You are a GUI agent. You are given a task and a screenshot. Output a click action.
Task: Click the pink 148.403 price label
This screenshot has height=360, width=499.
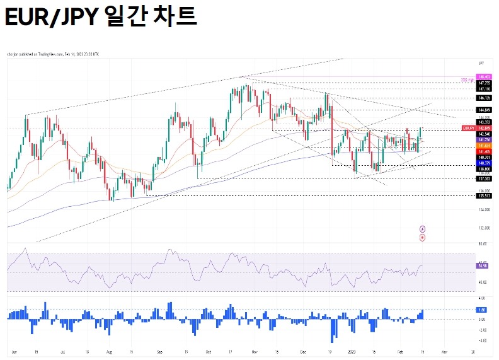pos(484,77)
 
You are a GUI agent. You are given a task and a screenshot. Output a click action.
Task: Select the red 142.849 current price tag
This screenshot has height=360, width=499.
pos(484,128)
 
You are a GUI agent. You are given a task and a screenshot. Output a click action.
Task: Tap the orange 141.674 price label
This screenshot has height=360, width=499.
pos(484,146)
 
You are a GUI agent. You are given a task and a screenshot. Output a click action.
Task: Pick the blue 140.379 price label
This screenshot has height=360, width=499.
pos(484,163)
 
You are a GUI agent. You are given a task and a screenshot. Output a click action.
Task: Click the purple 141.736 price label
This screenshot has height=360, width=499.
pos(484,139)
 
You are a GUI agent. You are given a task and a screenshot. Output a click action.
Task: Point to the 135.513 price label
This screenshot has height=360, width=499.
pos(484,195)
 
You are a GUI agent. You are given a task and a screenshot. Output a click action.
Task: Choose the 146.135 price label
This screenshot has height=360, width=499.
pos(484,98)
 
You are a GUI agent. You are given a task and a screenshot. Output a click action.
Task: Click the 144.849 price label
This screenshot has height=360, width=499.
pos(484,110)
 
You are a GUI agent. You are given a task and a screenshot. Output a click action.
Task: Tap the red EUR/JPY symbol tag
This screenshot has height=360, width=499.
pos(468,128)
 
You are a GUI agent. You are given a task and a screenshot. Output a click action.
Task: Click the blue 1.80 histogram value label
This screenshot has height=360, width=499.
pos(483,310)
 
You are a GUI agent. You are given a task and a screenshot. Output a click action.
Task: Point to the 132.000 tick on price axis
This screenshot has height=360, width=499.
pos(484,228)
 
